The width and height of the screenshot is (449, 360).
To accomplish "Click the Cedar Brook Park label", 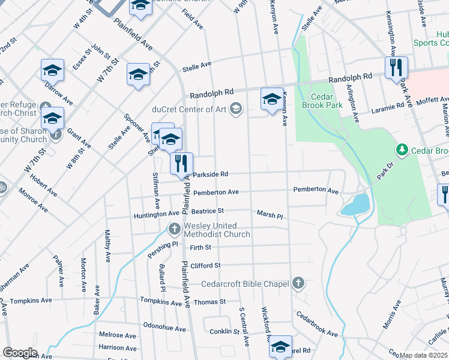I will click(x=327, y=101).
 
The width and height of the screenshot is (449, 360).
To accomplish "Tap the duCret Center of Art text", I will click(x=189, y=109).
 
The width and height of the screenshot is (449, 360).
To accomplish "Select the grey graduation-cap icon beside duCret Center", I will click(x=237, y=108).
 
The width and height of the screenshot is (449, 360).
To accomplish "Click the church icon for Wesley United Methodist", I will click(x=174, y=229).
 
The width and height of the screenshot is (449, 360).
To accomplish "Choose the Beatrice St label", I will click(x=207, y=211).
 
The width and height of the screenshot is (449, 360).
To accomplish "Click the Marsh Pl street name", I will click(x=270, y=214).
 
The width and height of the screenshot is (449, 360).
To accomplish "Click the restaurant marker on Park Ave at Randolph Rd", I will click(x=396, y=67).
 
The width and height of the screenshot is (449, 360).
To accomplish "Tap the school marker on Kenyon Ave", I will click(x=272, y=98).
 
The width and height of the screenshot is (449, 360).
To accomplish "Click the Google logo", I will click(x=20, y=353).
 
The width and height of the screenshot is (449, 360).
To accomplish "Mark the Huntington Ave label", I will click(x=157, y=213).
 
